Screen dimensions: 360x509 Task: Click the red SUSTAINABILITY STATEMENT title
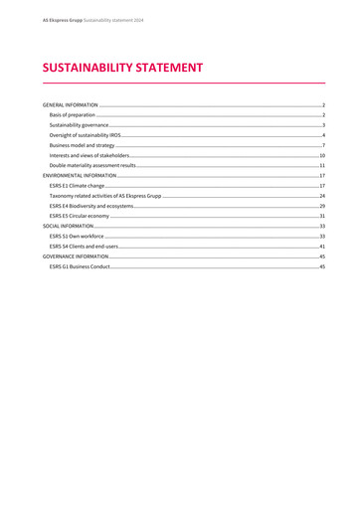coord(122,69)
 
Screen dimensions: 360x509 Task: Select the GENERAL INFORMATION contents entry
coord(70,104)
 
